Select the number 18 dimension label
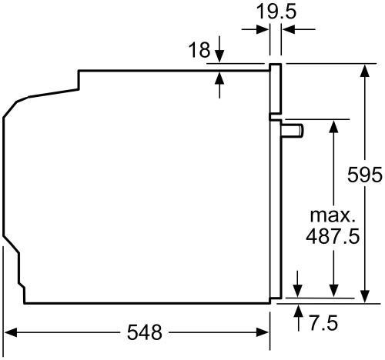pos(199,51)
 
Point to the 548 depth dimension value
pos(145,333)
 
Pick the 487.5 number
pos(333,237)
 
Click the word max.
pos(333,214)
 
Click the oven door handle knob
pos(293,131)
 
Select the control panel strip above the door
pos(274,88)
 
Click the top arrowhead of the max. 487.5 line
pos(333,126)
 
